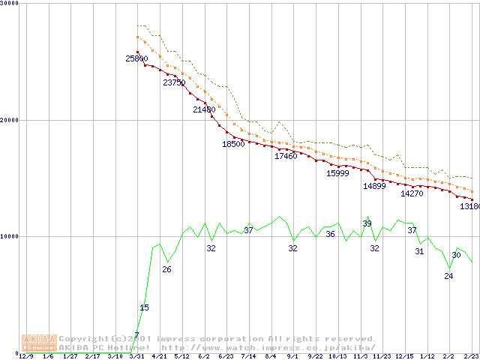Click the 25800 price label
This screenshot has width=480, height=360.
coord(136,58)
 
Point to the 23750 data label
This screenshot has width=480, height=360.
coord(174,83)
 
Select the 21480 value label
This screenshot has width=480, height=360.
coord(204,110)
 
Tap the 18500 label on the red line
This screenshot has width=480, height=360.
coord(233,144)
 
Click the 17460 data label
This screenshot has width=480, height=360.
coord(286,156)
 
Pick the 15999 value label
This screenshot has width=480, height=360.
coord(337,173)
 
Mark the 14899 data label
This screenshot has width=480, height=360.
coord(374,186)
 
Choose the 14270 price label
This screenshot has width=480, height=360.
coord(412,193)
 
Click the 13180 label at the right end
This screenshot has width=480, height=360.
coord(469,205)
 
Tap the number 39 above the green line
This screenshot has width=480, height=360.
coord(367,223)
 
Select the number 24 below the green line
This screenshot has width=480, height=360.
coord(448,276)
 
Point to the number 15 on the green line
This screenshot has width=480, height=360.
coord(144,307)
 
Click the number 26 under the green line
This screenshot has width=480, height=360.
coord(166,269)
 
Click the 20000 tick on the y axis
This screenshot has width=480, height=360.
coord(10,120)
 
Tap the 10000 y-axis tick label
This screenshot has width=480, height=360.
coord(10,236)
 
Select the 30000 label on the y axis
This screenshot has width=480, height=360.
coord(10,4)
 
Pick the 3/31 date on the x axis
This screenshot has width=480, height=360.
coord(136,356)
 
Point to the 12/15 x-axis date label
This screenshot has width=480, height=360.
coord(404,356)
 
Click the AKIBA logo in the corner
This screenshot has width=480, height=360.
coord(39,342)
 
